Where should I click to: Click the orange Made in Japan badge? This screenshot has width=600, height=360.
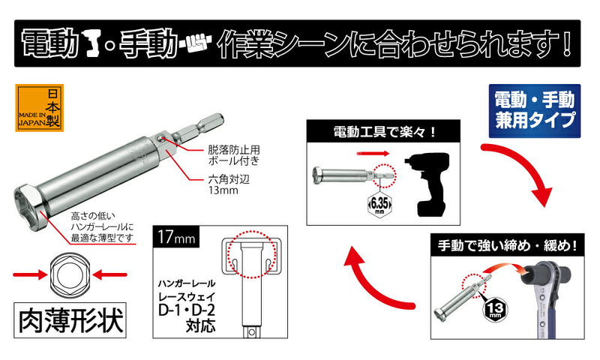pos(40,108)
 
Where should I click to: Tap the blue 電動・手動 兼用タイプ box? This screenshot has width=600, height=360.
pos(535,111)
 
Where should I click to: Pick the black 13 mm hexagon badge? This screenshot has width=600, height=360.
pos(495,309)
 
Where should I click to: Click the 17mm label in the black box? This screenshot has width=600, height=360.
pos(176,237)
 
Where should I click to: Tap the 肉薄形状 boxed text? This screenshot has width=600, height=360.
pos(70,320)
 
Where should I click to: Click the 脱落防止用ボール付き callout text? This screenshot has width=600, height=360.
pos(234,154)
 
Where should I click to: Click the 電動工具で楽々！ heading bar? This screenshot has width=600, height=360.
pos(383,132)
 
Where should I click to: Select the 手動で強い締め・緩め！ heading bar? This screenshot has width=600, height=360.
pos(508,244)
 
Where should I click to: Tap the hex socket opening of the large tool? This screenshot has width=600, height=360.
pos(28,207)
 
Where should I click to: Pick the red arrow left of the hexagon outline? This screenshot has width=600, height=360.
pos(30,274)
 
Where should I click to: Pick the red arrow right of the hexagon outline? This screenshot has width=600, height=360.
pos(109,274)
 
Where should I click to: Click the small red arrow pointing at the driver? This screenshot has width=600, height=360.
pos(373,154)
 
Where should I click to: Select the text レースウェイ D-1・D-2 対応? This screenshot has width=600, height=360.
pos(187,313)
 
